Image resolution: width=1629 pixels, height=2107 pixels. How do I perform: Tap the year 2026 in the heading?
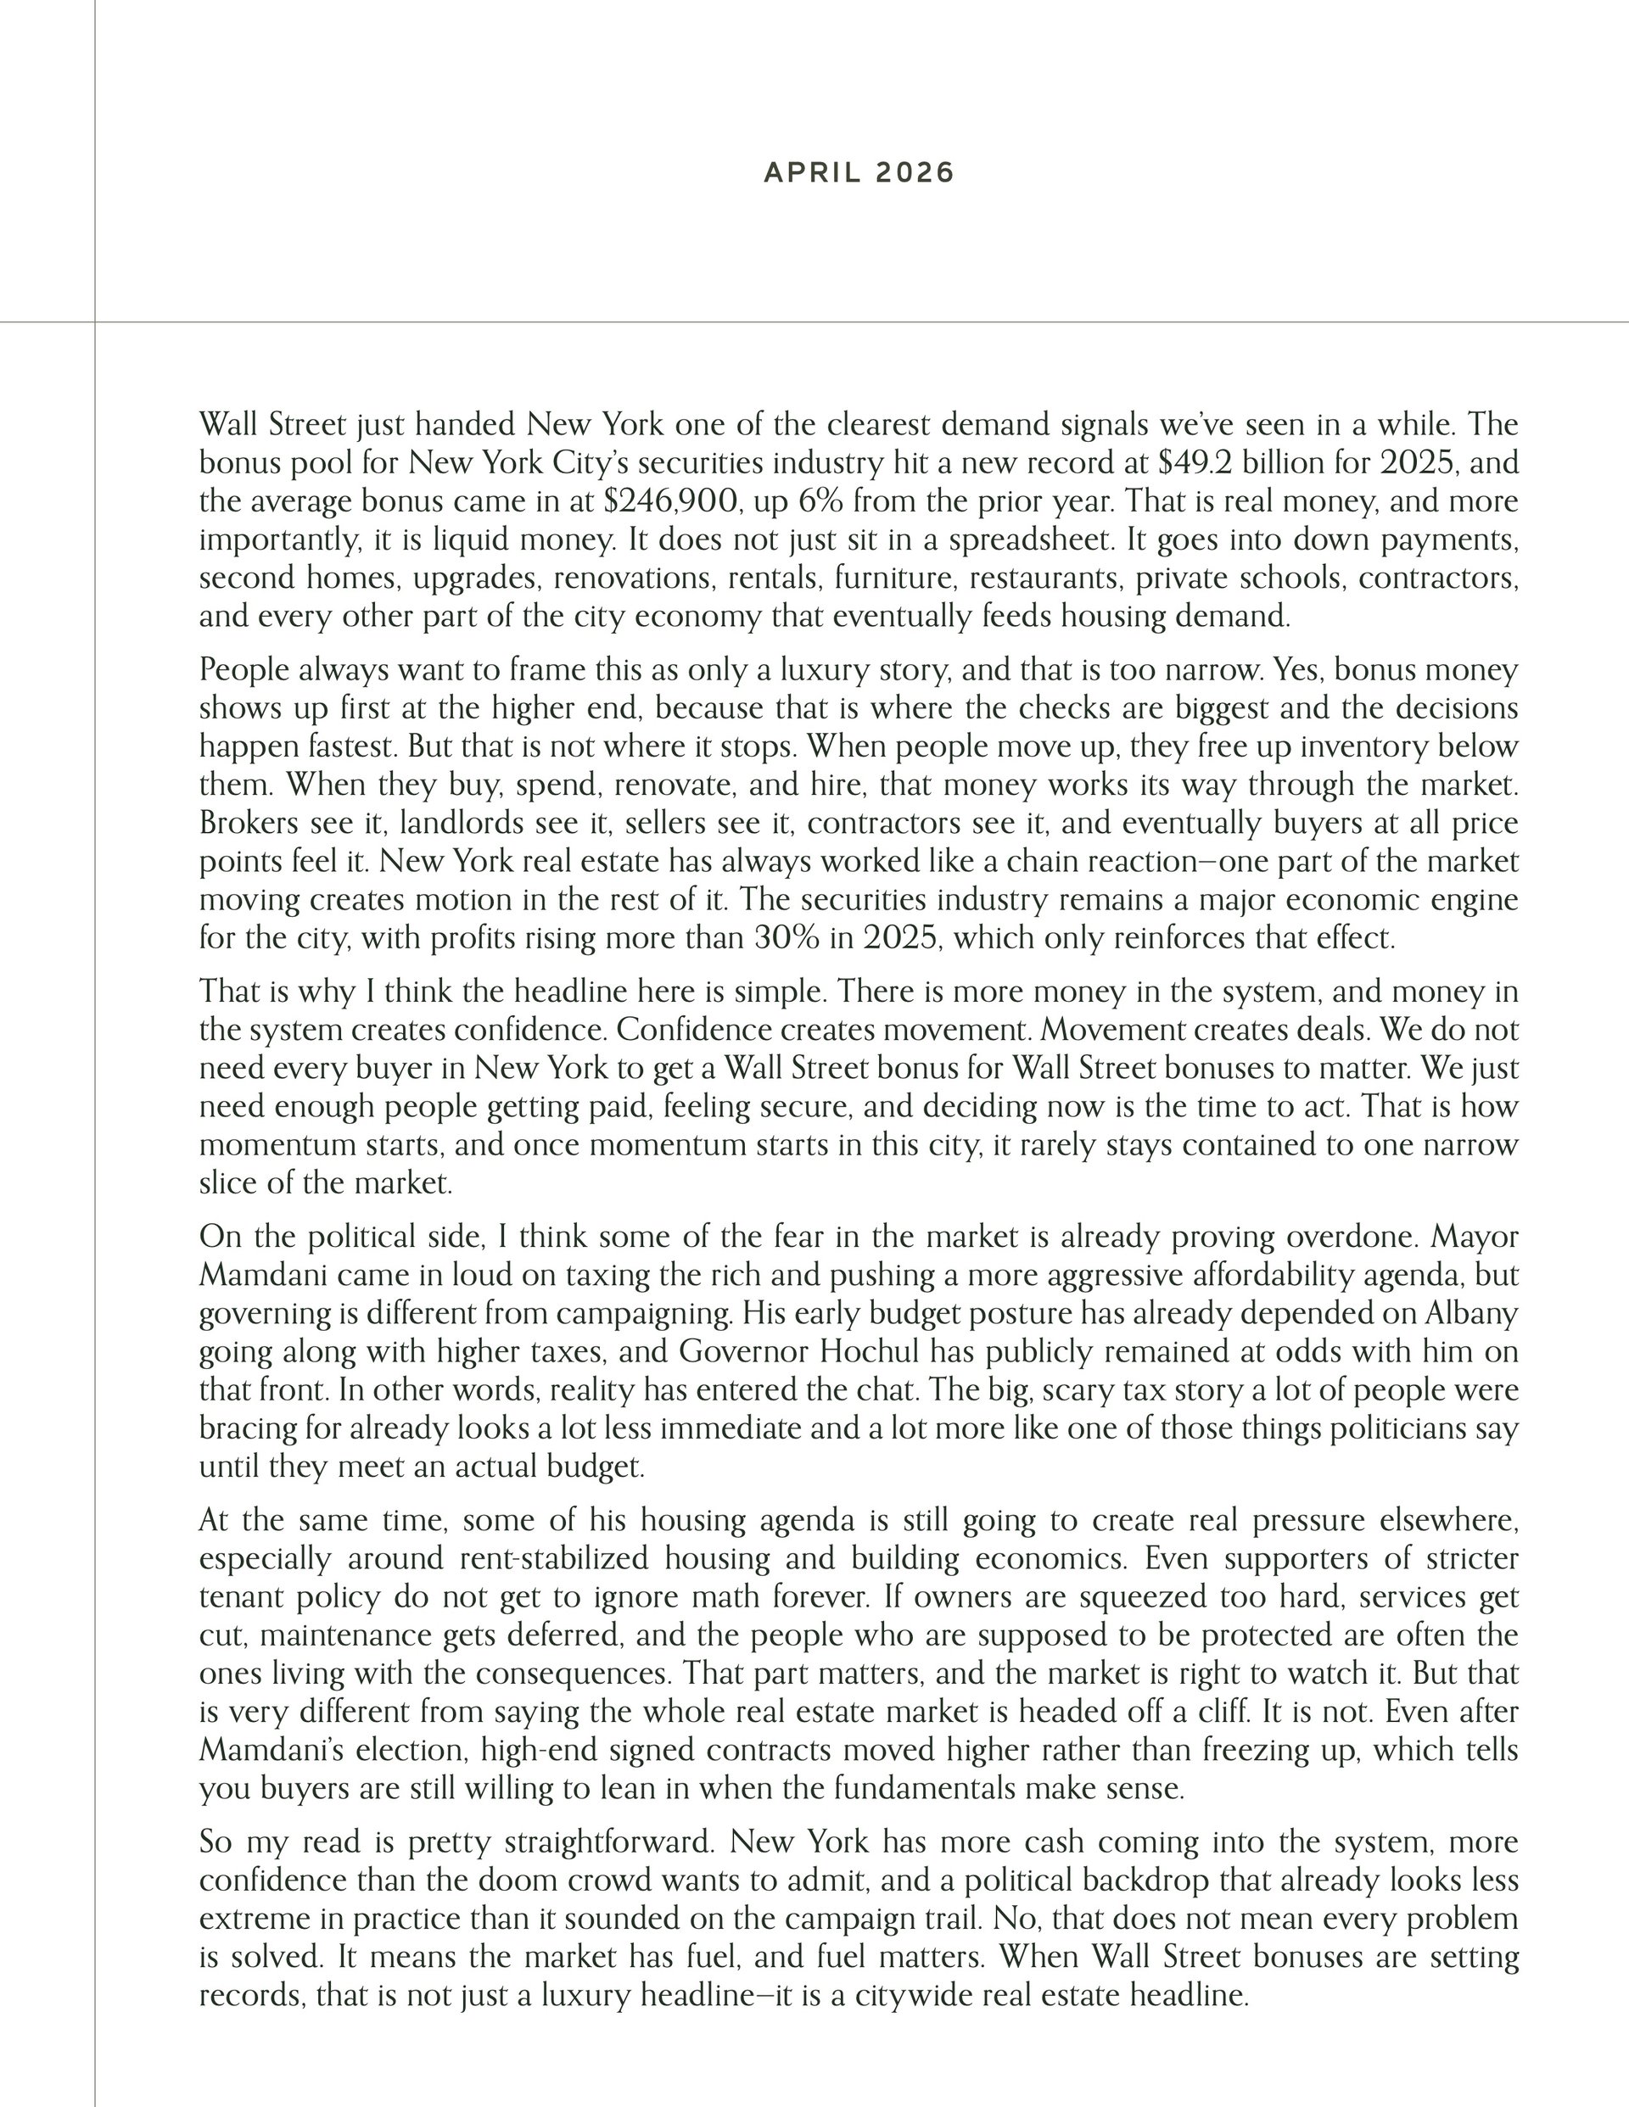[x=915, y=173]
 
